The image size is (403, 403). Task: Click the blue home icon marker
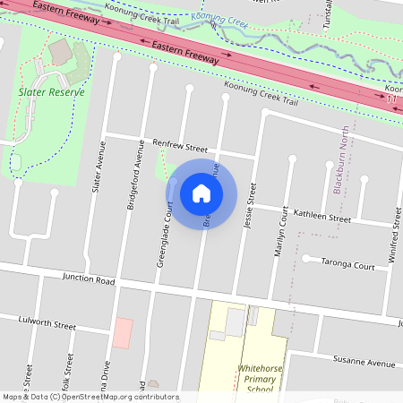(x=201, y=193)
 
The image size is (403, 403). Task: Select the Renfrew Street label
(x=179, y=147)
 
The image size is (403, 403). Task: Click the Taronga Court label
(x=349, y=266)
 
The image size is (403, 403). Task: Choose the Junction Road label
(x=89, y=280)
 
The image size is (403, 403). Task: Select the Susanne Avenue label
(x=364, y=364)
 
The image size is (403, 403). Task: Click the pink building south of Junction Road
(x=122, y=332)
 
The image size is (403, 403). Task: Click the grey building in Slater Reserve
(x=61, y=53)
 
